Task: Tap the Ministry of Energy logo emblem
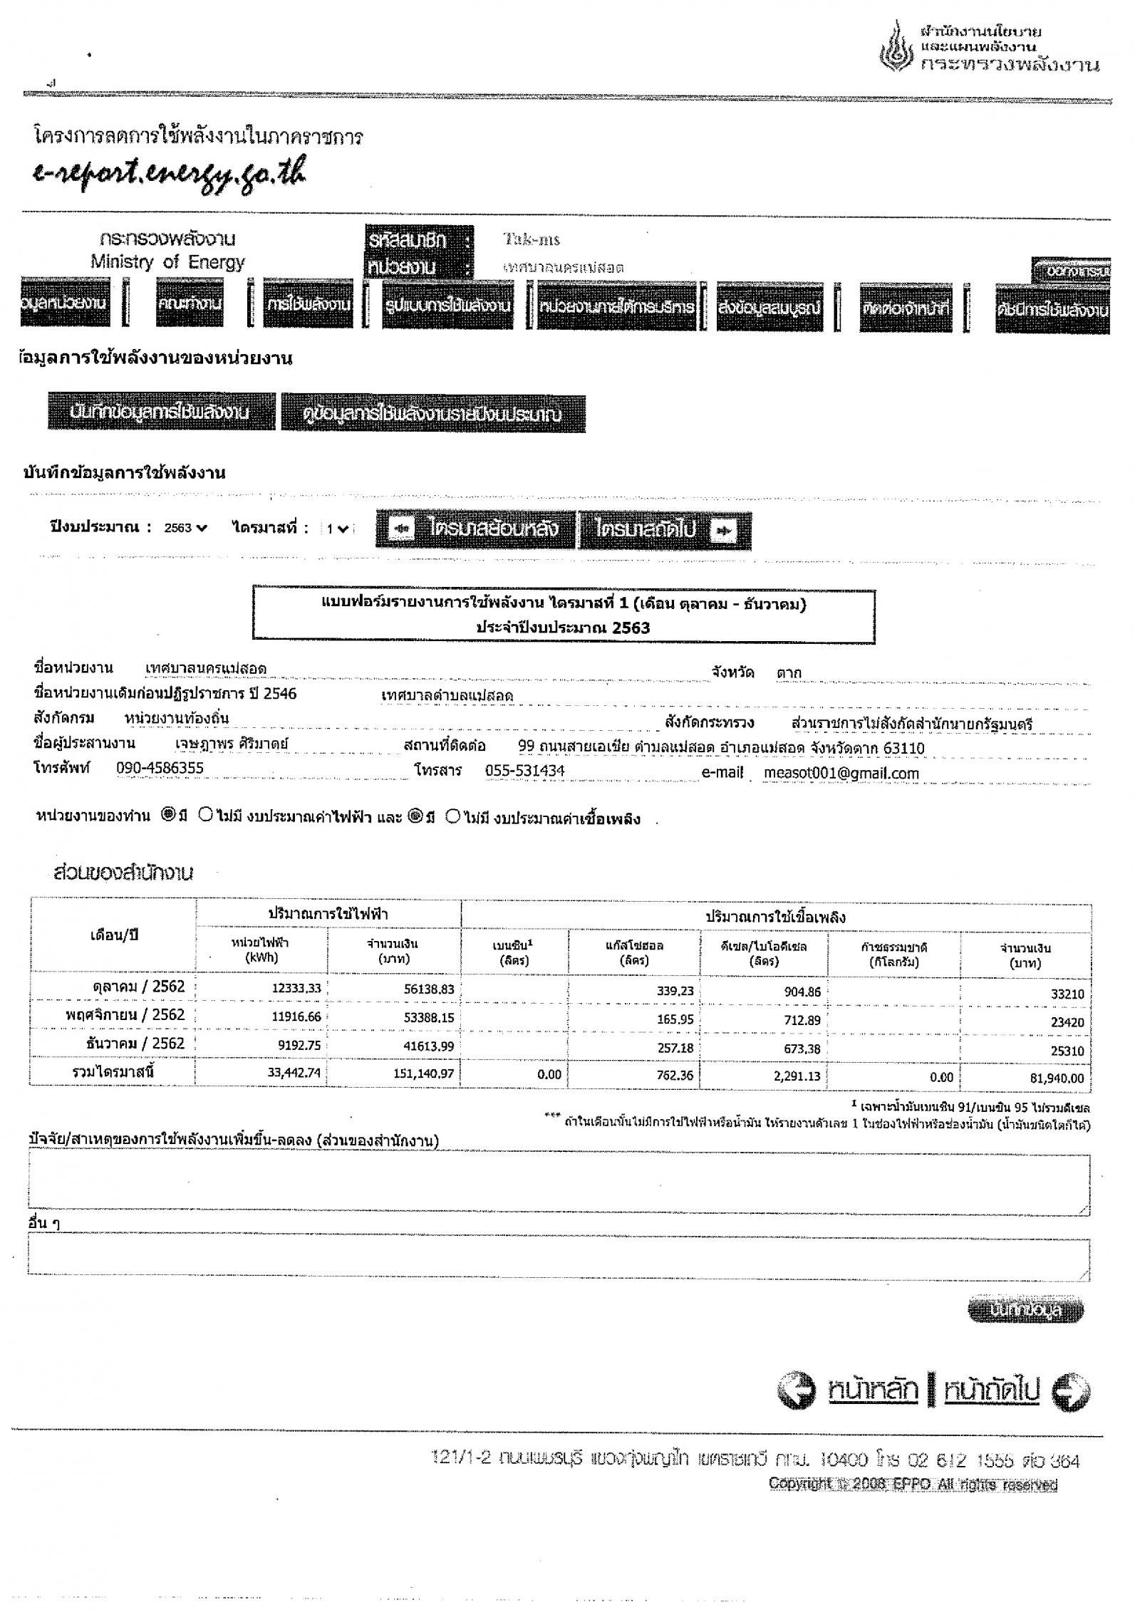897,50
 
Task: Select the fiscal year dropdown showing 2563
185,528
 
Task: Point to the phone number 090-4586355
160,767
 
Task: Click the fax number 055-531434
524,770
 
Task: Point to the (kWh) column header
261,957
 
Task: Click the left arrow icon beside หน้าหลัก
796,1391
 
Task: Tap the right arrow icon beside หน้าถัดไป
1071,1391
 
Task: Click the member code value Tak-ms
531,239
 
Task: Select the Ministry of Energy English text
167,262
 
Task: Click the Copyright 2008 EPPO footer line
913,1484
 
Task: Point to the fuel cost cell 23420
1067,1022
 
